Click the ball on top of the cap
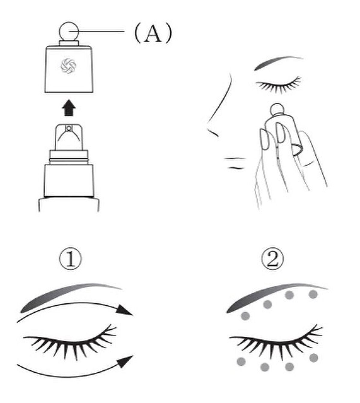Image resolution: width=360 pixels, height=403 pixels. tap(69, 32)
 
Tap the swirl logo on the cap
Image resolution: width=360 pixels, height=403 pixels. tap(68, 66)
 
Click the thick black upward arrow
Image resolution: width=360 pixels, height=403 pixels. tap(69, 108)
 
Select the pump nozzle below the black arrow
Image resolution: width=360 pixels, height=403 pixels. tap(69, 137)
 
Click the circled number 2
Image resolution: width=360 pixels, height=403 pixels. tap(272, 259)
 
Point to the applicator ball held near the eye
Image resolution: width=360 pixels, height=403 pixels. tap(277, 109)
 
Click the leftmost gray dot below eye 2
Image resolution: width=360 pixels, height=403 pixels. tap(241, 361)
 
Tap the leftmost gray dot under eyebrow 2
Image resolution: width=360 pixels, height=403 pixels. tap(245, 316)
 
